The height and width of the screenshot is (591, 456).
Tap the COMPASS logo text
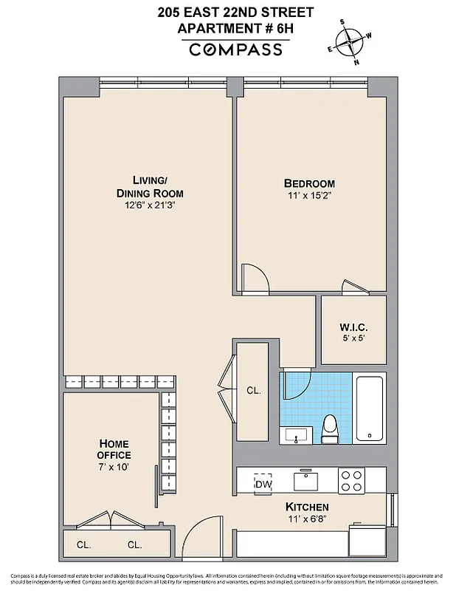pyautogui.click(x=235, y=49)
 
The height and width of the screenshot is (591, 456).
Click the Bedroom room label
pyautogui.click(x=309, y=183)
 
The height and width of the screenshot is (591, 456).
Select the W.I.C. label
pyautogui.click(x=353, y=327)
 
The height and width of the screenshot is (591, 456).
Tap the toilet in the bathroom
pyautogui.click(x=330, y=429)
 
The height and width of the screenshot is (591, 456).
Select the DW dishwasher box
pyautogui.click(x=263, y=484)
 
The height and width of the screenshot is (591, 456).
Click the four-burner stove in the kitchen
pyautogui.click(x=351, y=482)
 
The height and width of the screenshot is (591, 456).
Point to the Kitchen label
pyautogui.click(x=307, y=508)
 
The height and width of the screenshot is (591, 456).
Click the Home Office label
pyautogui.click(x=114, y=449)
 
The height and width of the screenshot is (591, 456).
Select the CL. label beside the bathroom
pyautogui.click(x=254, y=390)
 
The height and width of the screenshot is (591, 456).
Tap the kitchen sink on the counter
pyautogui.click(x=305, y=481)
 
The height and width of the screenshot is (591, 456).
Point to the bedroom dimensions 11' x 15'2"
pyautogui.click(x=309, y=197)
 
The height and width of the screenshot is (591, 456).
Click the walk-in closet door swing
pyautogui.click(x=353, y=287)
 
